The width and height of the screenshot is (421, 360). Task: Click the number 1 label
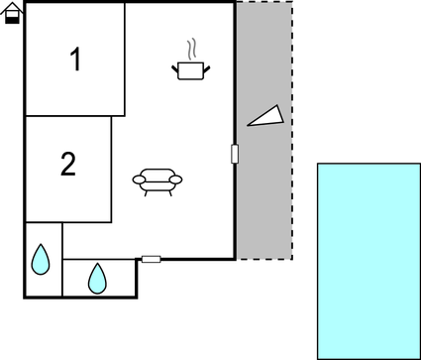click(75, 60)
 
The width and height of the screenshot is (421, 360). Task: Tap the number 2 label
click(67, 165)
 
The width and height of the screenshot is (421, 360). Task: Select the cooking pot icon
click(190, 69)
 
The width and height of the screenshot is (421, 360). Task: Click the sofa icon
click(158, 180)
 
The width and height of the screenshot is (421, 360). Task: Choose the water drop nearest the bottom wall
click(97, 278)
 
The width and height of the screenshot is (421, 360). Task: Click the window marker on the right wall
click(235, 154)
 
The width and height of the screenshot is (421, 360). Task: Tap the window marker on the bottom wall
click(151, 259)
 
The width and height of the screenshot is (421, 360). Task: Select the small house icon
click(12, 14)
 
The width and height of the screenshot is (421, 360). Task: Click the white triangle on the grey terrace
click(265, 117)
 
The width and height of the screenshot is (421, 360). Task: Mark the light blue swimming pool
click(368, 260)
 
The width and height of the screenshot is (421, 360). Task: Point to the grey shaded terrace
click(264, 198)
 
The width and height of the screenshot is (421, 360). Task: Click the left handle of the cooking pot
click(174, 67)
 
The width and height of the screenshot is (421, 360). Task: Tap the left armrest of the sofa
click(139, 179)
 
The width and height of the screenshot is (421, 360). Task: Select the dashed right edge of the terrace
click(292, 129)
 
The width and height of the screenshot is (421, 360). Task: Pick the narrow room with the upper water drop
click(43, 260)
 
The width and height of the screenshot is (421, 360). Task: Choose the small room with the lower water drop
click(98, 278)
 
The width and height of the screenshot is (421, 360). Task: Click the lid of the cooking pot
click(190, 63)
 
